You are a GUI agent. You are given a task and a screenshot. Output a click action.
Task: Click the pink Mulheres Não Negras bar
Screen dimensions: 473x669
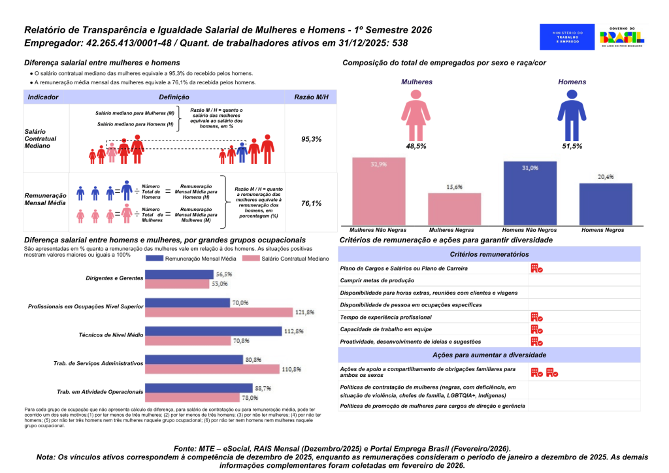(x=378, y=192)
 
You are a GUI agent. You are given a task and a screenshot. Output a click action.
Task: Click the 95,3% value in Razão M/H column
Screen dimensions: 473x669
(x=311, y=139)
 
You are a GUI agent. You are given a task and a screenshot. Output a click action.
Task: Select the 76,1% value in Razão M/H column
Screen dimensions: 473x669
(x=311, y=203)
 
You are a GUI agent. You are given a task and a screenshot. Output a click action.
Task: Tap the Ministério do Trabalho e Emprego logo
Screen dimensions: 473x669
(x=566, y=37)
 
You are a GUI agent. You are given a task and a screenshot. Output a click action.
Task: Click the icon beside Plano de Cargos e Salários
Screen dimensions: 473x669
(x=536, y=268)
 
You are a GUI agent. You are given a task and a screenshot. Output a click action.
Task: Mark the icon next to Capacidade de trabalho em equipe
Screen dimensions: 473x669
(x=536, y=329)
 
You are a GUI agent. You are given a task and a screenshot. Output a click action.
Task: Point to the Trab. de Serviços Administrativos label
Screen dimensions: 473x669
(x=97, y=363)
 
